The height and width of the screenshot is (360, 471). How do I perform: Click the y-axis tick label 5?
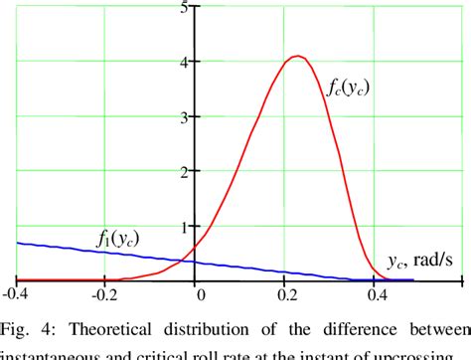pos(184,9)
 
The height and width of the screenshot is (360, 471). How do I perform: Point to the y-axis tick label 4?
pos(184,63)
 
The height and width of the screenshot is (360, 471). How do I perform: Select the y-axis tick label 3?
pos(184,117)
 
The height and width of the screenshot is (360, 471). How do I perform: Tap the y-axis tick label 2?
pos(184,172)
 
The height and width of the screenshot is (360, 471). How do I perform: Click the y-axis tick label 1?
pos(184,227)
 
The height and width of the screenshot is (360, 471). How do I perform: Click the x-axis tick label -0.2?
pos(104,294)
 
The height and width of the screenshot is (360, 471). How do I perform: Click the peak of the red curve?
pos(296,56)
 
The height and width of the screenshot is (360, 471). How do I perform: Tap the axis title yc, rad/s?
pos(421,264)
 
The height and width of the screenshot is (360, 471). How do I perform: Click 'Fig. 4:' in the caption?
pos(27,329)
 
